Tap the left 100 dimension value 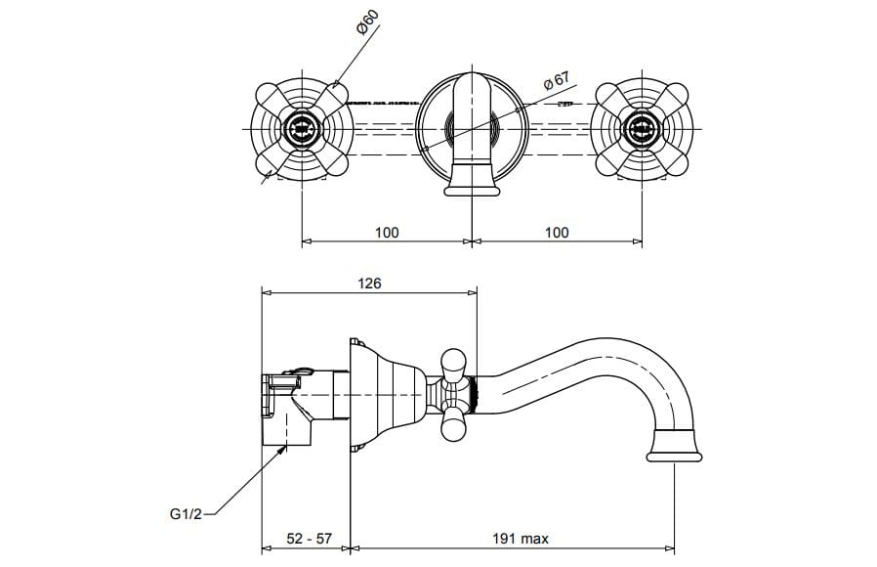click(387, 232)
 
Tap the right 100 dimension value click(557, 232)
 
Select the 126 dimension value click(369, 283)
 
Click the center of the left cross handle click(302, 127)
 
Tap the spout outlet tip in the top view click(473, 187)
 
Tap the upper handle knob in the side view click(454, 363)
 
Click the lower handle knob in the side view click(454, 426)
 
